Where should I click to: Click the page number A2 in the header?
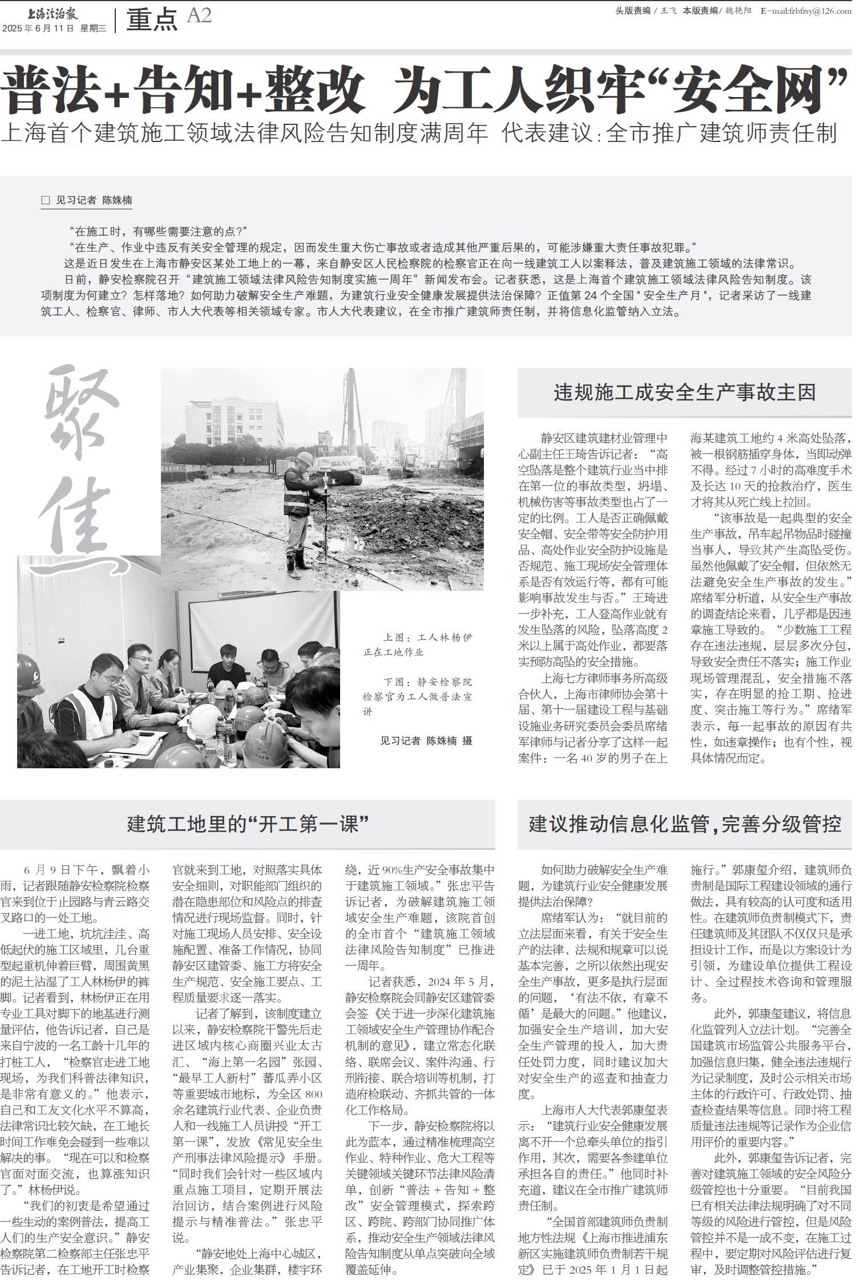[x=199, y=16]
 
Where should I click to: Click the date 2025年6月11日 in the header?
[x=38, y=29]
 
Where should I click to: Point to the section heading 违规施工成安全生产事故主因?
[x=684, y=393]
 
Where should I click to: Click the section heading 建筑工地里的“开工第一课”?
[x=248, y=824]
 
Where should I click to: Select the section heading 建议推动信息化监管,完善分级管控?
[x=684, y=824]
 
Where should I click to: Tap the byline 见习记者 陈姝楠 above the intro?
[x=94, y=200]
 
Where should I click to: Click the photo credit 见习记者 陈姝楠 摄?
[x=426, y=741]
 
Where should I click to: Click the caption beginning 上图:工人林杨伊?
[x=418, y=644]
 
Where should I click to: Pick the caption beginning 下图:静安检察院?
[x=418, y=696]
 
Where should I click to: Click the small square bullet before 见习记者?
[x=46, y=200]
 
